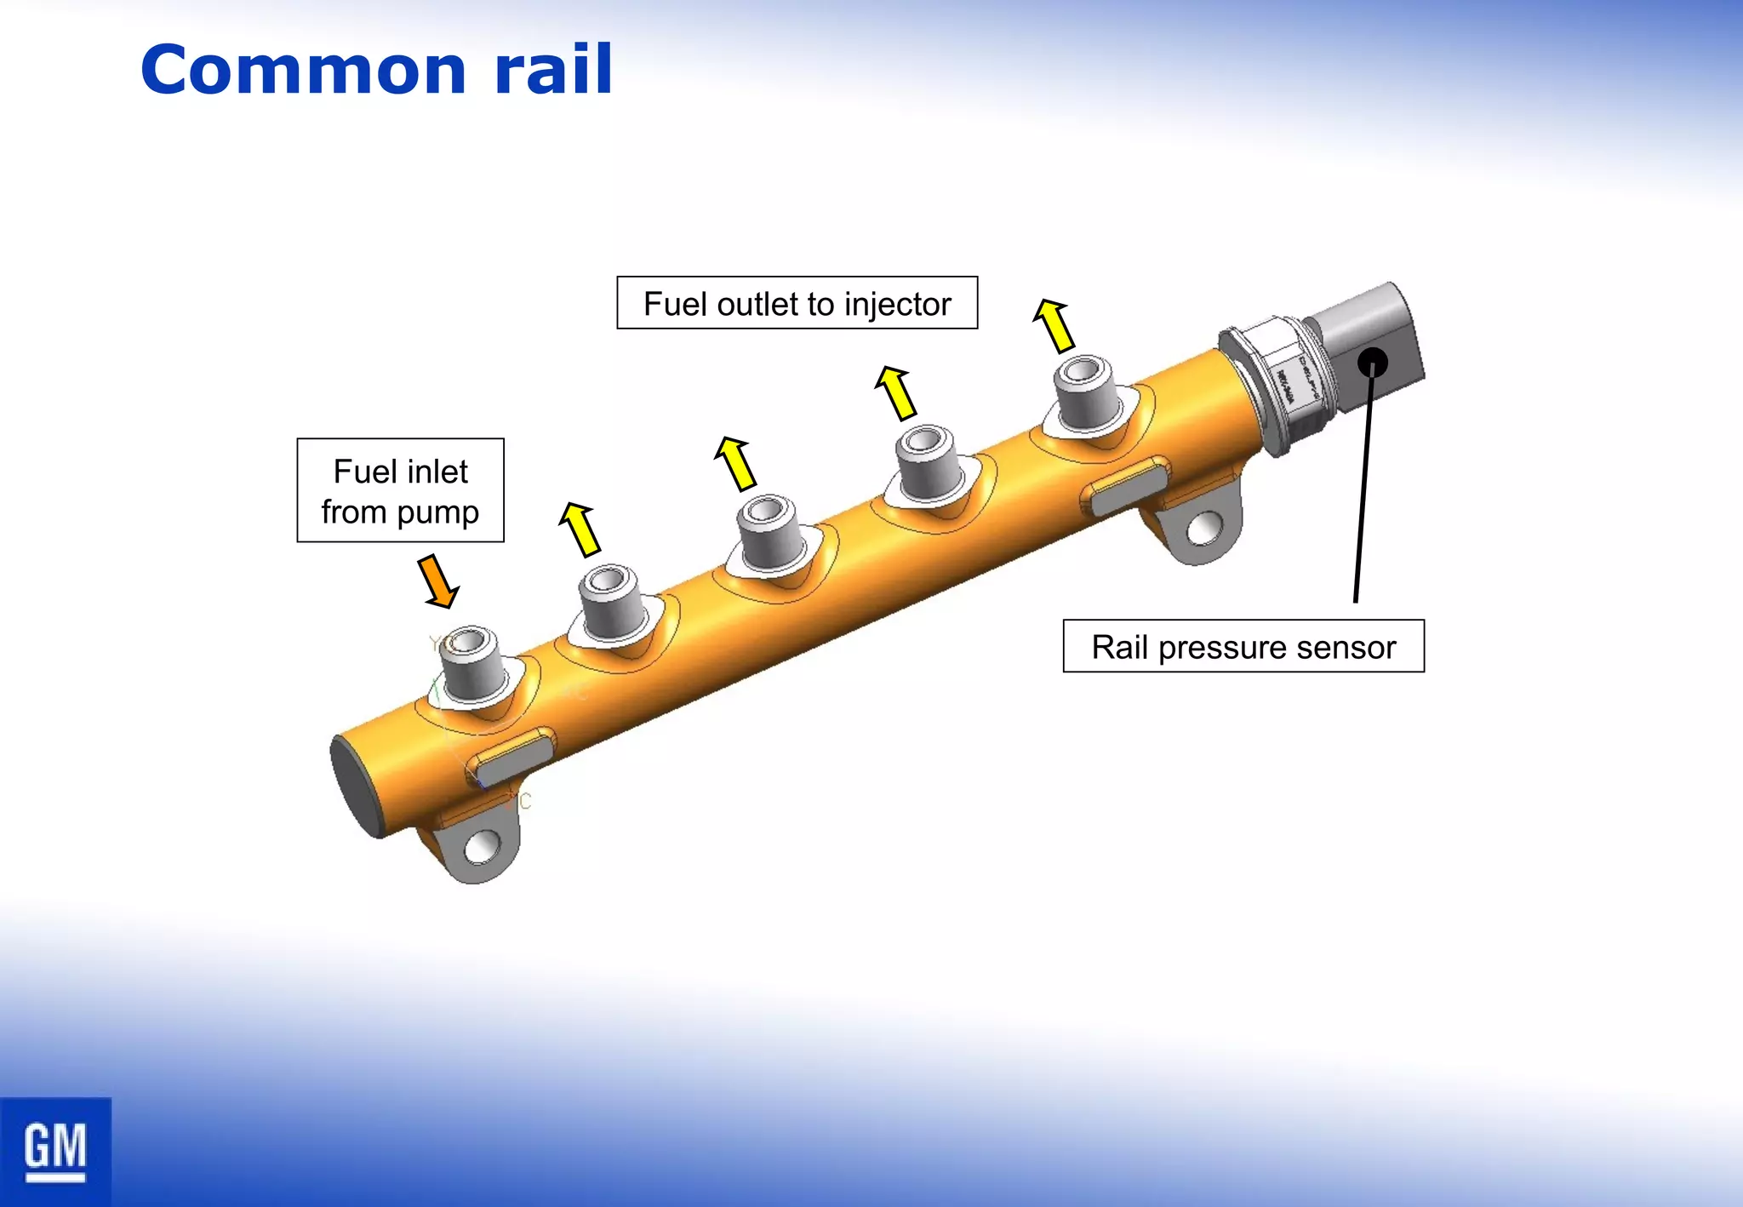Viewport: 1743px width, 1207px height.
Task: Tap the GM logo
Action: click(55, 1151)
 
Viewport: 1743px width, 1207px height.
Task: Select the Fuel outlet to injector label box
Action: click(797, 303)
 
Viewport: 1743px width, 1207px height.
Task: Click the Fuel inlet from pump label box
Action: click(400, 490)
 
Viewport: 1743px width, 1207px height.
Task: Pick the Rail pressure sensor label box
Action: click(1243, 647)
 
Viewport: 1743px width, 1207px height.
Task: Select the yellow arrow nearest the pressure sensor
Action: click(1054, 325)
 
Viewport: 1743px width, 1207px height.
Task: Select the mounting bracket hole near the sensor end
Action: click(1203, 529)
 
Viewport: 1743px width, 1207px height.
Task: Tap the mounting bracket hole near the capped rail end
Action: click(483, 847)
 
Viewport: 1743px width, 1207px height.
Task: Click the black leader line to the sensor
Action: click(1363, 485)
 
